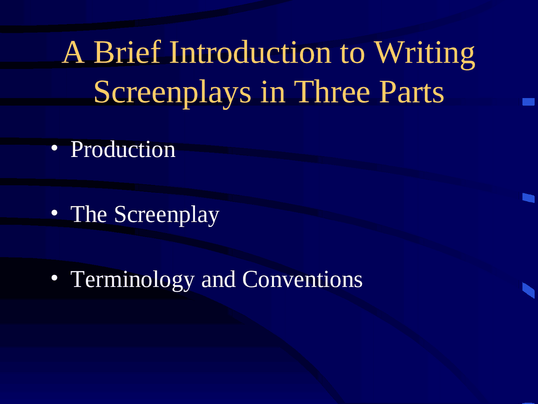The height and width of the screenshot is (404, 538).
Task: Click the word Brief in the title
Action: [127, 53]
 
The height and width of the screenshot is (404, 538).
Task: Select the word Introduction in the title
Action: [251, 53]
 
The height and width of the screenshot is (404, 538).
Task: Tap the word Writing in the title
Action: [425, 54]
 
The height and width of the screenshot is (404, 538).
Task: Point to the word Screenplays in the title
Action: [172, 93]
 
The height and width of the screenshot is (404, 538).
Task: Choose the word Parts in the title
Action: [411, 93]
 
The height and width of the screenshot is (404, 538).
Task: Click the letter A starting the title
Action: [73, 53]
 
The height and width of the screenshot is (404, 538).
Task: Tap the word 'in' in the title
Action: [273, 92]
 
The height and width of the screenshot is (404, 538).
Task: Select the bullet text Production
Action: [123, 149]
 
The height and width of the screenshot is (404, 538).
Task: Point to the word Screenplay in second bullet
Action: [166, 215]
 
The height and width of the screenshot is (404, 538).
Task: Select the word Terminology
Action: [132, 280]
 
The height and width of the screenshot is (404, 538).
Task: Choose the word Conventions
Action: [302, 279]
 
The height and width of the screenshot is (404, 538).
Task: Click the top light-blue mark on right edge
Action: [528, 101]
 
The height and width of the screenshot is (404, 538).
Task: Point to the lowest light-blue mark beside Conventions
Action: [528, 290]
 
